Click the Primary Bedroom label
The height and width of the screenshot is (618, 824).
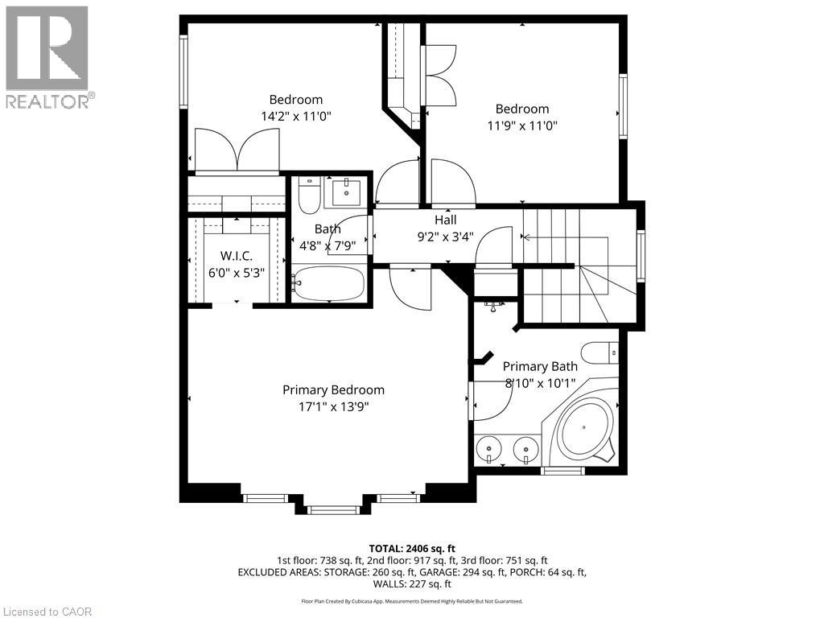click(x=333, y=390)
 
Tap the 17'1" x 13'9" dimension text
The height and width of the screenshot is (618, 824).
click(x=333, y=406)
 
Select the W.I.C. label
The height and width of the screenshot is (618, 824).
click(x=237, y=256)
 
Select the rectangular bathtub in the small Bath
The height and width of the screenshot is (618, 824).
click(x=328, y=285)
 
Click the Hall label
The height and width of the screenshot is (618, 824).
click(x=445, y=220)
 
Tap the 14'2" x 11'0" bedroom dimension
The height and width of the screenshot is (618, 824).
click(x=296, y=116)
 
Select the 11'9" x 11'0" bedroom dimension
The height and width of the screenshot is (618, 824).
click(x=522, y=126)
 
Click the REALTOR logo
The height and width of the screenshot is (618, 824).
click(x=47, y=56)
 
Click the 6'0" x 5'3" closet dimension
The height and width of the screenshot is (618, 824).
click(x=237, y=272)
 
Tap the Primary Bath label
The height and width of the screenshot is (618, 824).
click(x=541, y=367)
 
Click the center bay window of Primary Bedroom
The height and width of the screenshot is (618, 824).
click(x=333, y=509)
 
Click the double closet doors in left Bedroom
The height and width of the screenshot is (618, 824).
click(x=237, y=151)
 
